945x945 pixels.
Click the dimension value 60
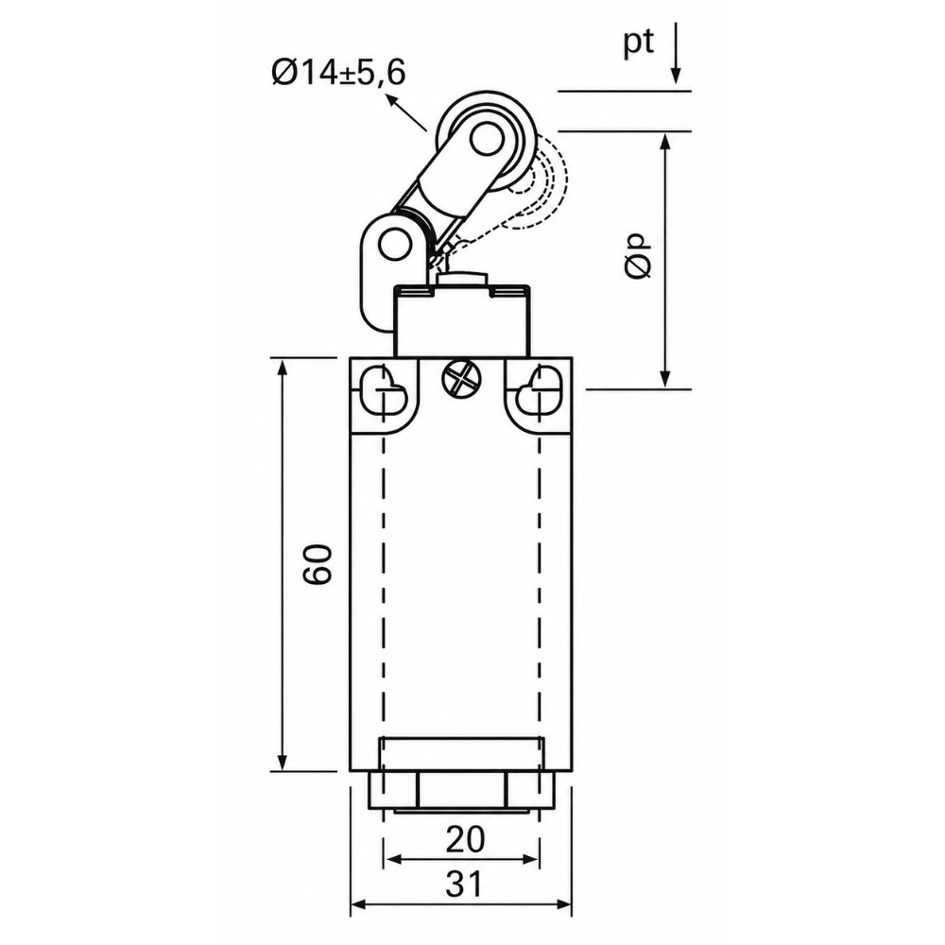318,564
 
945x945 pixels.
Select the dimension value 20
465,839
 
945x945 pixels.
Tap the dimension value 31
464,885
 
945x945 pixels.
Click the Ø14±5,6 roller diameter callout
338,74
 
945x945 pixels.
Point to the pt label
638,43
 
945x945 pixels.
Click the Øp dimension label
638,256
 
